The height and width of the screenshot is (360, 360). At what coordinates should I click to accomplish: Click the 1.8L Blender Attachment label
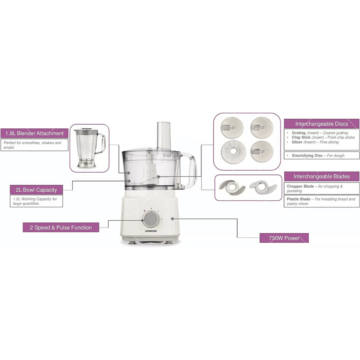click(x=34, y=133)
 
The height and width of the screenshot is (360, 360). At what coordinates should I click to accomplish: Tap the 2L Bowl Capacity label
click(x=36, y=190)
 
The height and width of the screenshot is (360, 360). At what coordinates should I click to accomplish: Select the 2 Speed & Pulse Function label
click(x=61, y=227)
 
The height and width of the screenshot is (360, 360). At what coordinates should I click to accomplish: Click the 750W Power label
click(x=284, y=238)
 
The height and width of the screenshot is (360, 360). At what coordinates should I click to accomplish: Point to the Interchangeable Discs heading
click(x=321, y=124)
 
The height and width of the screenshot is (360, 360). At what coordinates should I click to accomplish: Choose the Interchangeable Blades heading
click(x=321, y=176)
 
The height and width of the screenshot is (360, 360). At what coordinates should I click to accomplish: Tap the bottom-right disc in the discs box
click(x=262, y=152)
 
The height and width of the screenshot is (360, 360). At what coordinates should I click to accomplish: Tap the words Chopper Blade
click(x=301, y=186)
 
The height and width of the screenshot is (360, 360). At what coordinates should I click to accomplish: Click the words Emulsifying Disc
click(x=307, y=155)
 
